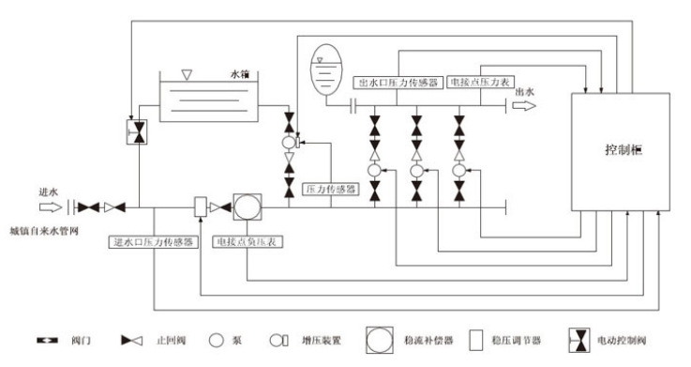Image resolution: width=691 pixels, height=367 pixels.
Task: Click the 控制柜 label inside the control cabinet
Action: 622,150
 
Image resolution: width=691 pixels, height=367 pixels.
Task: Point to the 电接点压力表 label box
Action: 481,82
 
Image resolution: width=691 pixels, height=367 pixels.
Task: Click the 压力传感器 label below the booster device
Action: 332,189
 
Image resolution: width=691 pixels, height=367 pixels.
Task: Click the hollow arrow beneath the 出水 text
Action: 525,106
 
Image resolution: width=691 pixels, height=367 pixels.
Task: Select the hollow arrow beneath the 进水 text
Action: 50,206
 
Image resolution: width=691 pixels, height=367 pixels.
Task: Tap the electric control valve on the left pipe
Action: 138,131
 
